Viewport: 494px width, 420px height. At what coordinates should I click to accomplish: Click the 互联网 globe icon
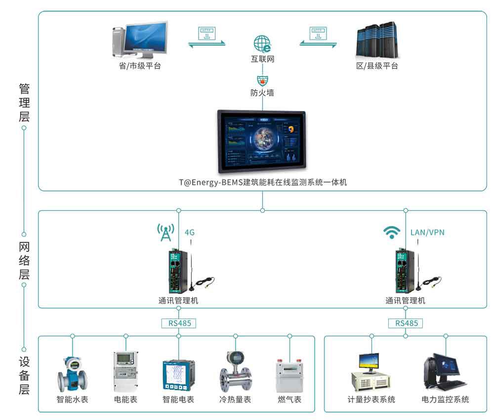pos(262,44)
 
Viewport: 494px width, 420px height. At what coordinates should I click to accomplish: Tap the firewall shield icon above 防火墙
pos(262,80)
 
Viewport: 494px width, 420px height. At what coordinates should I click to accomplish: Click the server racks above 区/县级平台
pos(377,40)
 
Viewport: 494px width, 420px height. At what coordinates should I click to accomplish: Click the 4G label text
pos(190,232)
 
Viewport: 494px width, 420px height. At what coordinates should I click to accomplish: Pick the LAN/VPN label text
pos(427,232)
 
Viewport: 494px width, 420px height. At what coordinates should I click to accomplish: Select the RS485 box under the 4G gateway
pos(178,323)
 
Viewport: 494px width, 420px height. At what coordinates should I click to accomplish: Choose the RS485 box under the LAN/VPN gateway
pos(406,323)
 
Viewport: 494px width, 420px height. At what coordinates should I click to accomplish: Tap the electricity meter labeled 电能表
pos(125,372)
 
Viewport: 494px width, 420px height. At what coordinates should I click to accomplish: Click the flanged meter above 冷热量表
pos(235,372)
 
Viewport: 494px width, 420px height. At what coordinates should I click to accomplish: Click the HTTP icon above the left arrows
pos(206,34)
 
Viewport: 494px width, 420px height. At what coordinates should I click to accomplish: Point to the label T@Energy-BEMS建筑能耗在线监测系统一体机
pos(262,182)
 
